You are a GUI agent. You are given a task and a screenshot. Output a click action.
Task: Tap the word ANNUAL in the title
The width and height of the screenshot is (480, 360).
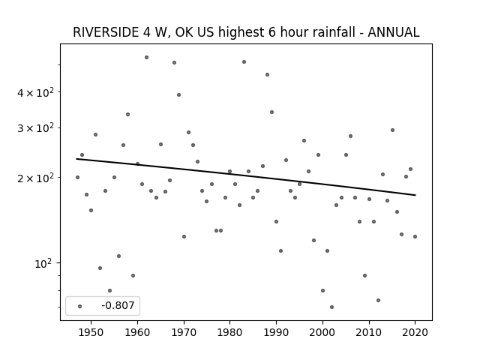click(393, 32)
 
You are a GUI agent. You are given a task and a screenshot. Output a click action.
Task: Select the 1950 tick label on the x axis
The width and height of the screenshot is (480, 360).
click(91, 332)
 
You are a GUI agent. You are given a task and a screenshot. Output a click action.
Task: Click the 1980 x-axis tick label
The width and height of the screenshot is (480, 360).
click(230, 332)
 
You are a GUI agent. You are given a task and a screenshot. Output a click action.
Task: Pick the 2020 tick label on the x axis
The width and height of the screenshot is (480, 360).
click(415, 332)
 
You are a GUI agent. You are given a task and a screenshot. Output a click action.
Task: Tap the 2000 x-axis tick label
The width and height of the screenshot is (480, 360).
click(322, 332)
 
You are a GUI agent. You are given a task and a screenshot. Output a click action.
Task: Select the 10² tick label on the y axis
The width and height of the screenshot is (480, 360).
click(44, 263)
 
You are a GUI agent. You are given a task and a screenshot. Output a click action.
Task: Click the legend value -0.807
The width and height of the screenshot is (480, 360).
click(118, 305)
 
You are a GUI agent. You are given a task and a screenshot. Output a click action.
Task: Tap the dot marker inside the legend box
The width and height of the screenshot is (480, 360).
click(80, 306)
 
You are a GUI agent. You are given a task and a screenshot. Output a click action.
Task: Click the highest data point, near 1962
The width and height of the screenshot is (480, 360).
click(147, 57)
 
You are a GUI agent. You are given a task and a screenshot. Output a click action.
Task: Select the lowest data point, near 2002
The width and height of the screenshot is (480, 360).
click(331, 307)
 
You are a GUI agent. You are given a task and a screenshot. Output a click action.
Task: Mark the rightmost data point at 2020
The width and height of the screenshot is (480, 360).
click(415, 237)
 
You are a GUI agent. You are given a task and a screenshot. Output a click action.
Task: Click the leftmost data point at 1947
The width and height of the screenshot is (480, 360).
click(77, 177)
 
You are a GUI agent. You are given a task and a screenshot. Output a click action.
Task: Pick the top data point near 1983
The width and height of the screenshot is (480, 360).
click(244, 61)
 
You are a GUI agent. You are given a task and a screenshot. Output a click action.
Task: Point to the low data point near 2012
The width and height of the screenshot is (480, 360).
click(378, 300)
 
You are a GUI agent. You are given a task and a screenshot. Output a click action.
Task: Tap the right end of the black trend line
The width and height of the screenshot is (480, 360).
click(415, 195)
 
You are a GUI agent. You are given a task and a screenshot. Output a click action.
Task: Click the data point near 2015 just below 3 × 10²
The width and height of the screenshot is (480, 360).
click(392, 130)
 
